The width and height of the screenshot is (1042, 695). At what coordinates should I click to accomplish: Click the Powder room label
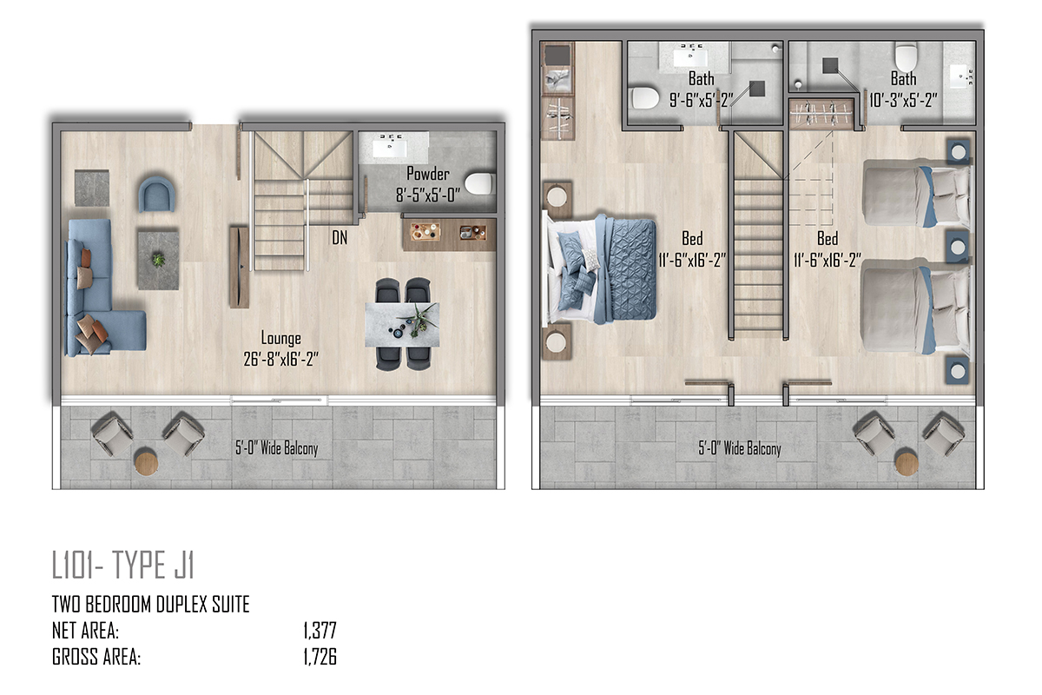(x=428, y=174)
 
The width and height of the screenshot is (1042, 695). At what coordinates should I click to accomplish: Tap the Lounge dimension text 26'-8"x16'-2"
(x=281, y=359)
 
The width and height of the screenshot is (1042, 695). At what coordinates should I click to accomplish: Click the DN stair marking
(x=340, y=238)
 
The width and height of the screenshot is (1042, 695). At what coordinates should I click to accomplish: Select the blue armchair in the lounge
(x=156, y=194)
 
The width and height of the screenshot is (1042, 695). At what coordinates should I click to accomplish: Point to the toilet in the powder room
(x=478, y=183)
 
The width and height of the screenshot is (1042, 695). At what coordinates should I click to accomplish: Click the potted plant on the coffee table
(x=158, y=259)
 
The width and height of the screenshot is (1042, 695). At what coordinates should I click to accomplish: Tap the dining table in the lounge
(x=402, y=324)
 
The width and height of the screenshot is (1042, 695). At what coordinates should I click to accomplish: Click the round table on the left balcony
(x=146, y=460)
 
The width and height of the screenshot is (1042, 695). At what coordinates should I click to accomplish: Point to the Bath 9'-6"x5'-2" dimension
(x=701, y=100)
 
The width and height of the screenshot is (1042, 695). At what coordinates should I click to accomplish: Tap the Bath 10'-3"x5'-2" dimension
(x=903, y=100)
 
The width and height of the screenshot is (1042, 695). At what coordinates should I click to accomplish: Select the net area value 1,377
(x=320, y=631)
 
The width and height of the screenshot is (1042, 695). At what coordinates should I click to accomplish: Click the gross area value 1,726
(x=320, y=657)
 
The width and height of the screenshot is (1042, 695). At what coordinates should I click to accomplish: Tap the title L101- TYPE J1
(x=122, y=565)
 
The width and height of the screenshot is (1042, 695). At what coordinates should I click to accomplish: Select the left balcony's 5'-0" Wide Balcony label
(x=276, y=448)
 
